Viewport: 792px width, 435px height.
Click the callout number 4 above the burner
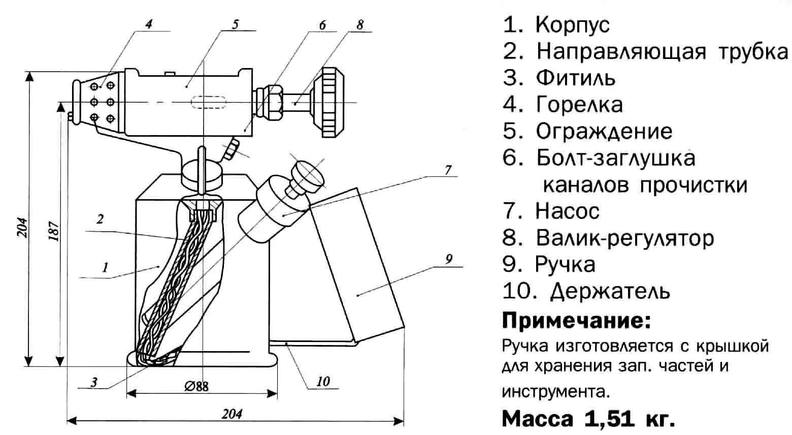pos(148,24)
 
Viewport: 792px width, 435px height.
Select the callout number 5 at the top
pos(235,24)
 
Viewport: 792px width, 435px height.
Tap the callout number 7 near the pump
pos(448,170)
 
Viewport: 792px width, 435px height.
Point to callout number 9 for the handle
pos(448,259)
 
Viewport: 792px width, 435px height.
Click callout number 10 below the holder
pos(323,381)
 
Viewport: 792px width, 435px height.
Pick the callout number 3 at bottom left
pos(94,382)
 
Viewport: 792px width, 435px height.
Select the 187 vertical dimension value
pos(56,231)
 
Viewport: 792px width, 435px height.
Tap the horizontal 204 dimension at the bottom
pos(232,414)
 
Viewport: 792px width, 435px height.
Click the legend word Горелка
pos(579,104)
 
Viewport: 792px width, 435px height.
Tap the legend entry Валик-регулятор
pos(624,237)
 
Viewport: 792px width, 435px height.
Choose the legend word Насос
pos(567,210)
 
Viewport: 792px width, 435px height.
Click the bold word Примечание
pos(576,321)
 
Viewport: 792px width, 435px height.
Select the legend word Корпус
pos(573,24)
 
